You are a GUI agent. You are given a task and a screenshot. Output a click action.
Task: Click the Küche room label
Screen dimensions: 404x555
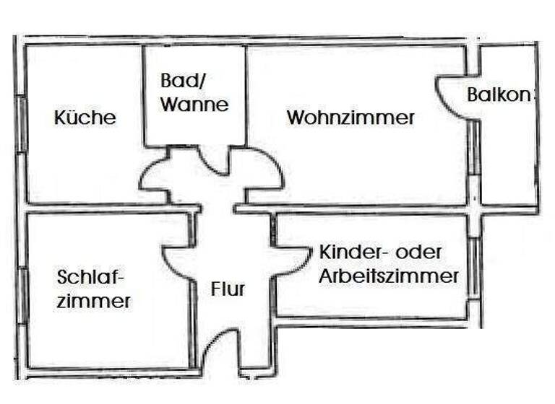(85, 118)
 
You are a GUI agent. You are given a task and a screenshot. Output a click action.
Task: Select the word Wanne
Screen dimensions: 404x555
(194, 105)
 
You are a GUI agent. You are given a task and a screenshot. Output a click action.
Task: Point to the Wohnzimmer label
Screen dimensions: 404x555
(350, 118)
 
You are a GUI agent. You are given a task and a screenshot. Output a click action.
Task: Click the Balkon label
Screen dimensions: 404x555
(500, 95)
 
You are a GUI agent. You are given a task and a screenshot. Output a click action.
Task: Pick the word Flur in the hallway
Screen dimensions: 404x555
(228, 290)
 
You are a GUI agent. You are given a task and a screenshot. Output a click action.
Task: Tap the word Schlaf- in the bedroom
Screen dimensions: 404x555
(91, 277)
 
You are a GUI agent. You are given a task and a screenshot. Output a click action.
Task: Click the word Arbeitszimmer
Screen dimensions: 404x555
(390, 276)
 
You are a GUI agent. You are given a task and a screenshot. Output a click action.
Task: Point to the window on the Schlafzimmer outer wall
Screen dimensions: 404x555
(22, 296)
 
